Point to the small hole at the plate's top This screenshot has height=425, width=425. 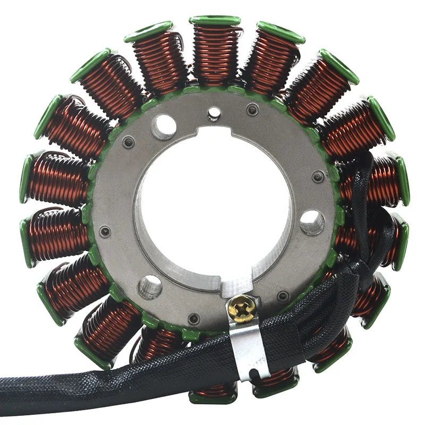tap(214, 112)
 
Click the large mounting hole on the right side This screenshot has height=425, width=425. tap(312, 222)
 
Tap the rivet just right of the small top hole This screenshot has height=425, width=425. tap(252, 110)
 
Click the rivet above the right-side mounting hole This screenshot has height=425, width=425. tap(318, 177)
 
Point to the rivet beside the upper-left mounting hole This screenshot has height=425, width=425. tap(127, 142)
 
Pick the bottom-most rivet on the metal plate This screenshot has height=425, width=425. tap(194, 319)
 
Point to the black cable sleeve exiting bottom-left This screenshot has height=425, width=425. tap(64, 385)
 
